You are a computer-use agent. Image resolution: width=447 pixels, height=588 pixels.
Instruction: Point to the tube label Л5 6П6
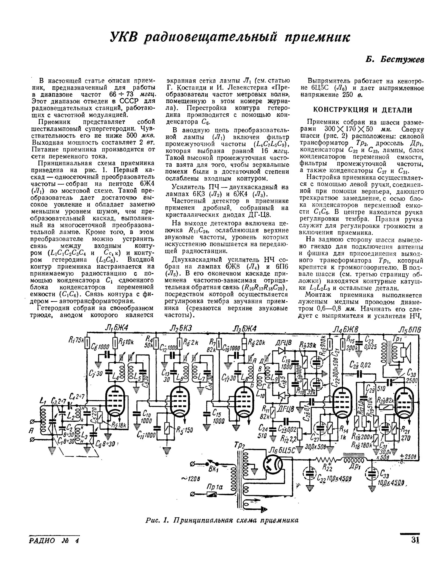[x=410, y=330]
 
